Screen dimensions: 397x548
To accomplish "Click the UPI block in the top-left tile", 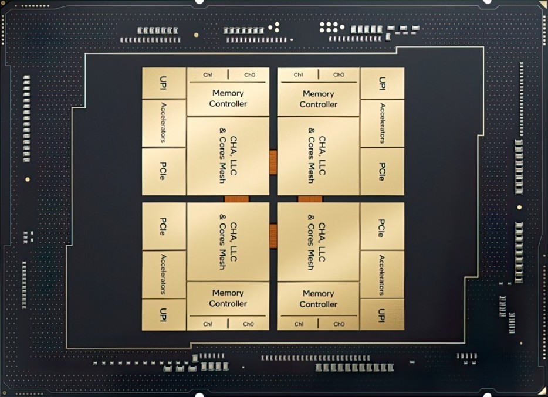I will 164,83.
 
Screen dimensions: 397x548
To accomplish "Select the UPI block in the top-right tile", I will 382,83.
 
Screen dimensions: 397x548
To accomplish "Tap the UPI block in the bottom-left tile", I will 164,314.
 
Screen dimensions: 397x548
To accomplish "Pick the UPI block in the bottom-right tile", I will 382,314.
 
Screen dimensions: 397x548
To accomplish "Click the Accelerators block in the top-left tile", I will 164,123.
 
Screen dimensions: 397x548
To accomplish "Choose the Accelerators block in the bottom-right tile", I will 382,274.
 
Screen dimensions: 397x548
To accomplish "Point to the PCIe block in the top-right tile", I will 382,171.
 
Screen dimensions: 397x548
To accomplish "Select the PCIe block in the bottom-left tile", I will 164,226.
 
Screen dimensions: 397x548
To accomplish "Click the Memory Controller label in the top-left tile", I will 228,99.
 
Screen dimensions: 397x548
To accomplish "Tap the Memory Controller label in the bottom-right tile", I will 318,298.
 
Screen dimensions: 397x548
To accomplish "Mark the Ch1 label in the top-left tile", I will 208,75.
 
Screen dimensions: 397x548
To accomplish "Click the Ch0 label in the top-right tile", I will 339,75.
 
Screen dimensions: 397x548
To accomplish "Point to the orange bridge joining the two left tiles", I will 236,199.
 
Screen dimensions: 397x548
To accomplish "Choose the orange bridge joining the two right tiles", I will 310,199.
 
